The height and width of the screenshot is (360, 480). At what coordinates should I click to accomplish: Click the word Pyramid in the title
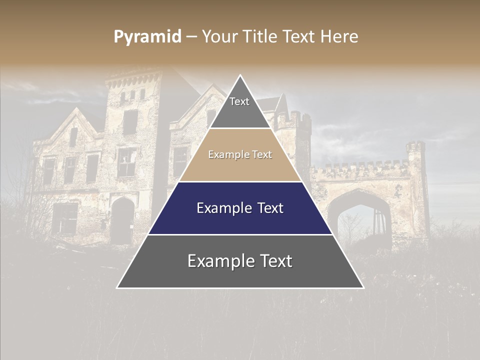pos(147,37)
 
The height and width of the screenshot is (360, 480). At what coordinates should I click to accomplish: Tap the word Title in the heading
pos(259,37)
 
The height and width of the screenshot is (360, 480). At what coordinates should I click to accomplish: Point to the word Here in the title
pos(339,37)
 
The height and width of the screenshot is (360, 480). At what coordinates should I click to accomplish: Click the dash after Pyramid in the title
pos(191,37)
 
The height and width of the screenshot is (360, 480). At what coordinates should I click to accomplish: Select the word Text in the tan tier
pos(262,155)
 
